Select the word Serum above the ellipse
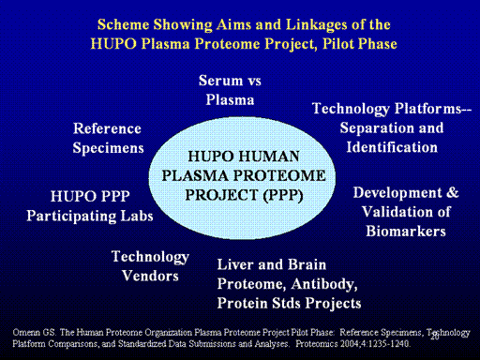coord(220,81)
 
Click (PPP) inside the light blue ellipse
coord(283,195)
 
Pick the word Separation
coord(377,128)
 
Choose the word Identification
coord(392,147)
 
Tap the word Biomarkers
coord(406,232)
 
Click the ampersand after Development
coord(453,192)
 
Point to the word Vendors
coord(150,276)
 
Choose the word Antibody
coord(324,284)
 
